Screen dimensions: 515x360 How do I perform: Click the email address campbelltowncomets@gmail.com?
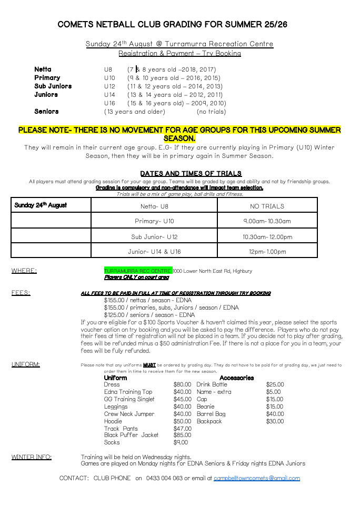[256, 478]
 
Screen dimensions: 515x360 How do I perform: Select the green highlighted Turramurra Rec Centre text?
[138, 271]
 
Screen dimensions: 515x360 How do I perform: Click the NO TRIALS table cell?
[267, 206]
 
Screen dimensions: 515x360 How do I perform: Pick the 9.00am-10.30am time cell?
[267, 221]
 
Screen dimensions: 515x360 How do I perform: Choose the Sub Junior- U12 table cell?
[154, 236]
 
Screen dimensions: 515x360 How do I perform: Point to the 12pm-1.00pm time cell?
[267, 252]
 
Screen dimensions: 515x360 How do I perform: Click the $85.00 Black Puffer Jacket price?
[182, 435]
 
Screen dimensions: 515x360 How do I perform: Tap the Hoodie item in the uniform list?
[113, 421]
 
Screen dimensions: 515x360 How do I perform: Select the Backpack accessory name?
[209, 421]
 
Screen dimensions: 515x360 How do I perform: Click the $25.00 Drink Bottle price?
[275, 384]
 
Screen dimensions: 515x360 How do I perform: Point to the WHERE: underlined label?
[24, 271]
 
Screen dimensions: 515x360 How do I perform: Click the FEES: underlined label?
[21, 293]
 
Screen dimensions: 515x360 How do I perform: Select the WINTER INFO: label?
[32, 457]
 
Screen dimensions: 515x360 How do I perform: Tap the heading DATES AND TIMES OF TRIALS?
[191, 173]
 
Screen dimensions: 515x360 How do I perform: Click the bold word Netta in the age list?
[43, 70]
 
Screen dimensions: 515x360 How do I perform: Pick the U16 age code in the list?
[109, 103]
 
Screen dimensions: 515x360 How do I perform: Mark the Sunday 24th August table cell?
[41, 205]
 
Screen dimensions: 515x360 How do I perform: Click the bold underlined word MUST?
[149, 365]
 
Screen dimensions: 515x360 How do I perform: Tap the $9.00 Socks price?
[181, 442]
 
